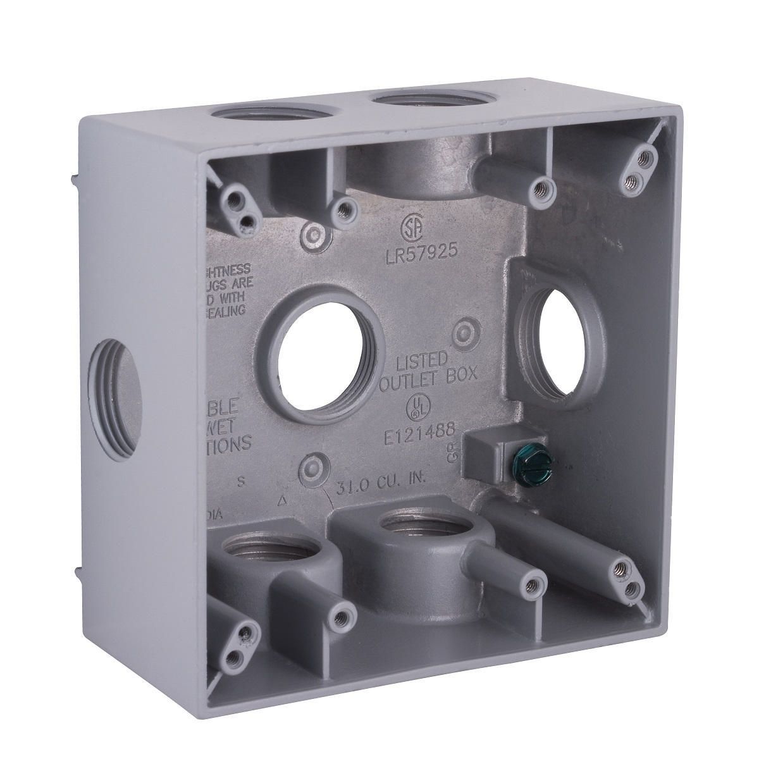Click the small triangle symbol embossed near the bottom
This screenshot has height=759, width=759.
pyautogui.click(x=282, y=503)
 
